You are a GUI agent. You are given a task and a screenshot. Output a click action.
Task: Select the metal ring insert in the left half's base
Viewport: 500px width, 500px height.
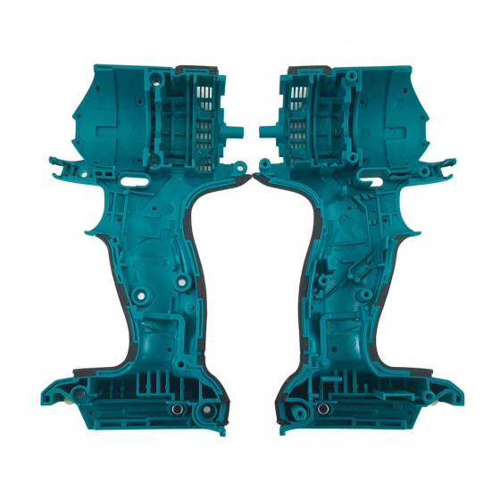pos(176,408)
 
